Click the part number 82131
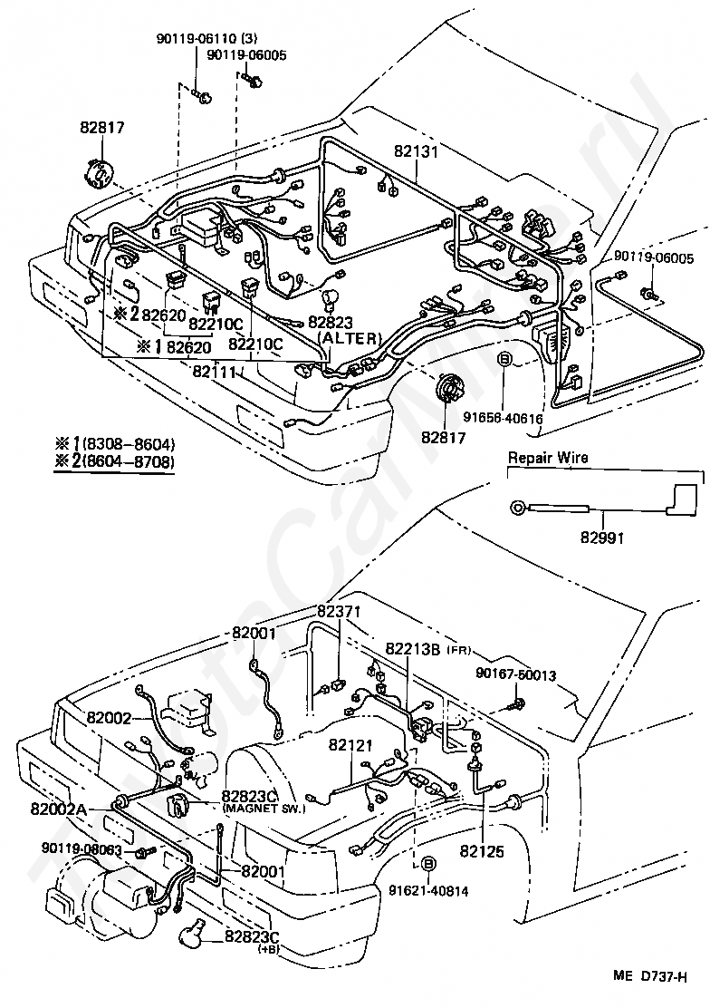pyautogui.click(x=416, y=151)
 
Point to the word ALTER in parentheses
pyautogui.click(x=350, y=338)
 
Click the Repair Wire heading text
pyautogui.click(x=547, y=458)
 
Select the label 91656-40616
pyautogui.click(x=503, y=393)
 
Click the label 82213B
pyautogui.click(x=412, y=648)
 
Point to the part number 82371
pyautogui.click(x=339, y=612)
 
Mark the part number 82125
pyautogui.click(x=482, y=851)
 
